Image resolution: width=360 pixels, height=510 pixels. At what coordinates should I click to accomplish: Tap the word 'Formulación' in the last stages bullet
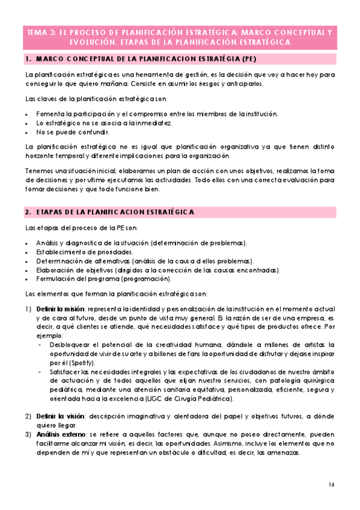coord(56,279)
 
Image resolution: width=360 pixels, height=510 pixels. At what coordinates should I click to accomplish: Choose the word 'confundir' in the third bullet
coord(95,132)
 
